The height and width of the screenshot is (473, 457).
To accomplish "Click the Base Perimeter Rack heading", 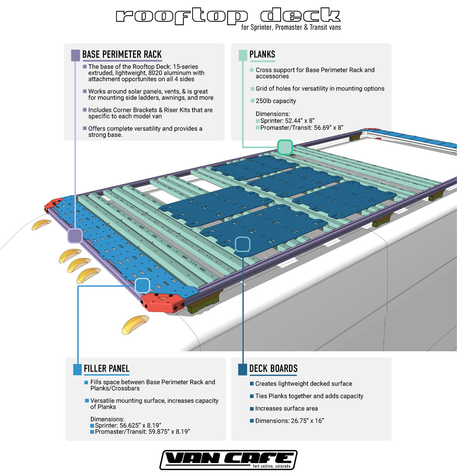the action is (122, 54).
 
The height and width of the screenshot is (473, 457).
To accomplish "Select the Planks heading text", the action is (262, 54).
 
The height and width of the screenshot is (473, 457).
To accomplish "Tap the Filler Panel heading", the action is (107, 369).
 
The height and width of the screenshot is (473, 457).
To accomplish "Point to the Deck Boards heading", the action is (274, 369).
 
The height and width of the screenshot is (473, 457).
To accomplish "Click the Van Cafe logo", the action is (228, 460).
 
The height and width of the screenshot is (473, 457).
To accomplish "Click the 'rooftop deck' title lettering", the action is (228, 16).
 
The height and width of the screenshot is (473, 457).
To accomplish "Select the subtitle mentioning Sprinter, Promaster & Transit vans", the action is (291, 28).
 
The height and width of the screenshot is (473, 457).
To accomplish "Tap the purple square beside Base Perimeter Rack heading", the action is (76, 55).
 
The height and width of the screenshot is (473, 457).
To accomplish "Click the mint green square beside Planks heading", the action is (243, 55).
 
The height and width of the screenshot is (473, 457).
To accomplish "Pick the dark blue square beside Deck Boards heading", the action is (243, 369).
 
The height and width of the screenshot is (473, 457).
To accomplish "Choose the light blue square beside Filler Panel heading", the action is (77, 369).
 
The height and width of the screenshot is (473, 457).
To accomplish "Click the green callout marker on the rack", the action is (285, 147).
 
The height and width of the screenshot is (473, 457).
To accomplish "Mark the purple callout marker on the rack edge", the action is (75, 236).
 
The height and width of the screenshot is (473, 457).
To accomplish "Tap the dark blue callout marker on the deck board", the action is (243, 244).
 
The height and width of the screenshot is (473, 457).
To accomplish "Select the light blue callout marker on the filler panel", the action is (142, 285).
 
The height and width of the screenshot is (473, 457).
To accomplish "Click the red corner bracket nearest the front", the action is (163, 303).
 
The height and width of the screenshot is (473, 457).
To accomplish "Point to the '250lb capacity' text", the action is (276, 101).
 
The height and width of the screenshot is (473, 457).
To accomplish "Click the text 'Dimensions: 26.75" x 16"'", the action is (289, 421).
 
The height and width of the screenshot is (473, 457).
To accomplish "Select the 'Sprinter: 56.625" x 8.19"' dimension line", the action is (128, 426).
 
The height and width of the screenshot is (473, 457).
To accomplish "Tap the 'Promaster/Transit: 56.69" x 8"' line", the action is (302, 128).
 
